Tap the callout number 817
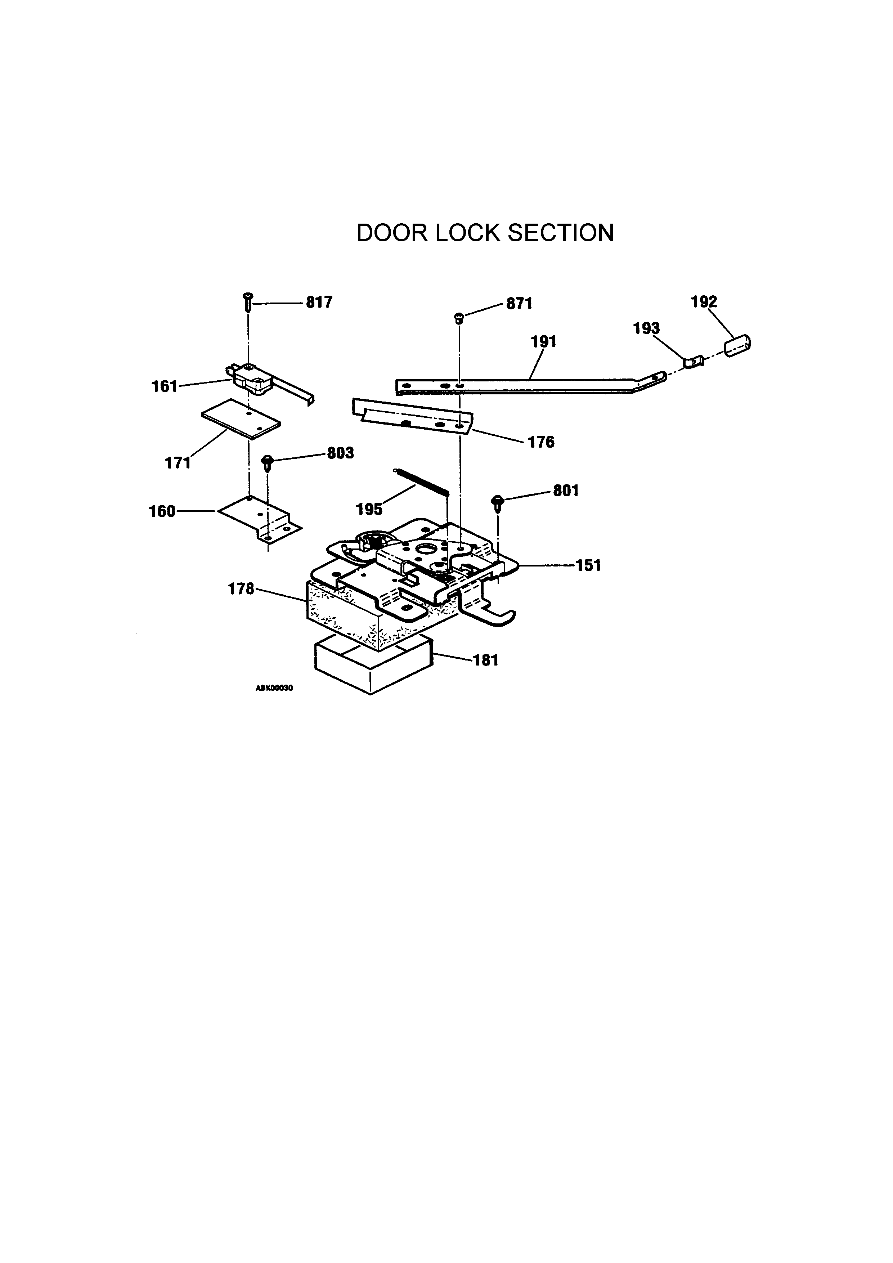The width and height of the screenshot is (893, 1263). coord(319,303)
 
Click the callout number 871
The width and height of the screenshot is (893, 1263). coord(519,304)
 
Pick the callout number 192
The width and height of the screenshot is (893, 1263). coord(704,302)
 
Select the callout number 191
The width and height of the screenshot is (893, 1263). coord(543,342)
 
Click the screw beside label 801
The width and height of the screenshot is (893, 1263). coord(498,502)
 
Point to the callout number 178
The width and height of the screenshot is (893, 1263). coord(241,589)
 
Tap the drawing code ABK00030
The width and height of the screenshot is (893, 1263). coord(274,688)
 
